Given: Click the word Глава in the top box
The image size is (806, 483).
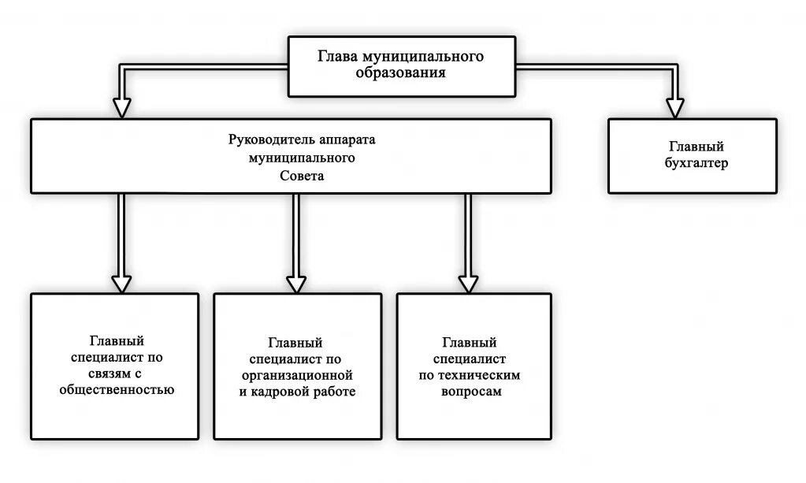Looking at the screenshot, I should pyautogui.click(x=336, y=57).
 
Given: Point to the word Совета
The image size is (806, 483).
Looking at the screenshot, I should pyautogui.click(x=302, y=177).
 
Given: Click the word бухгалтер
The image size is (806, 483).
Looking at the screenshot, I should pyautogui.click(x=696, y=164).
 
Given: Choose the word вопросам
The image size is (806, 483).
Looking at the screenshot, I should pyautogui.click(x=470, y=391).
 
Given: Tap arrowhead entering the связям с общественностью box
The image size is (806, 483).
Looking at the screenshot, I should pyautogui.click(x=121, y=283).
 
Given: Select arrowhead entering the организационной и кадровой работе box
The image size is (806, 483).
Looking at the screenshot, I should pyautogui.click(x=295, y=283).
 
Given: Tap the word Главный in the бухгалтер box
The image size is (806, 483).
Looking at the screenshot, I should pyautogui.click(x=696, y=147).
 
